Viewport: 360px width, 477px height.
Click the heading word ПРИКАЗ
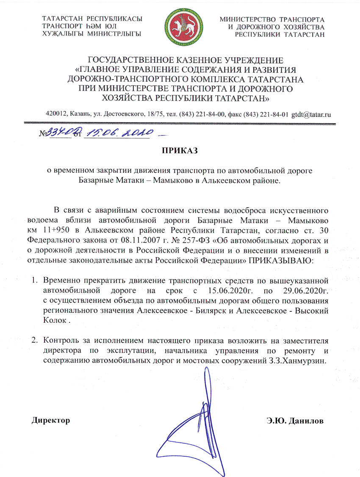point(180,150)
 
